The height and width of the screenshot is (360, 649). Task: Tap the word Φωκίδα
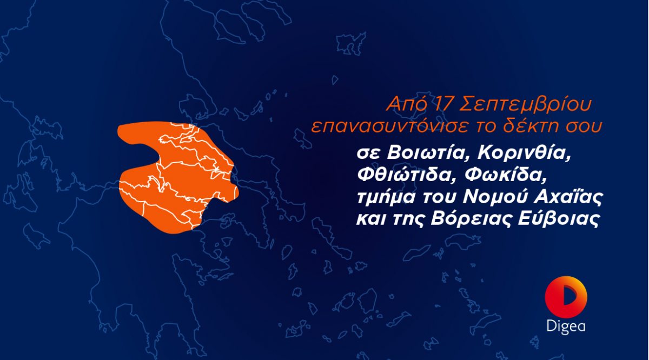point(505,175)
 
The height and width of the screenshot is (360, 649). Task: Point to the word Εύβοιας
point(558,219)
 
